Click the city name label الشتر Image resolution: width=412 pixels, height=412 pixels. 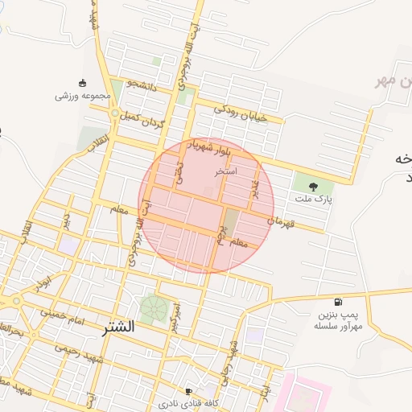118,328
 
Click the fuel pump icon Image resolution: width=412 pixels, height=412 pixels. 326,302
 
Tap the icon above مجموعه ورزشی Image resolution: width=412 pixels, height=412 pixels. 82,83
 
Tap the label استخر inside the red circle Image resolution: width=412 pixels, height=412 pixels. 225,172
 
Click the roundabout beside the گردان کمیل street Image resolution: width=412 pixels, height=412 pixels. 116,113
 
